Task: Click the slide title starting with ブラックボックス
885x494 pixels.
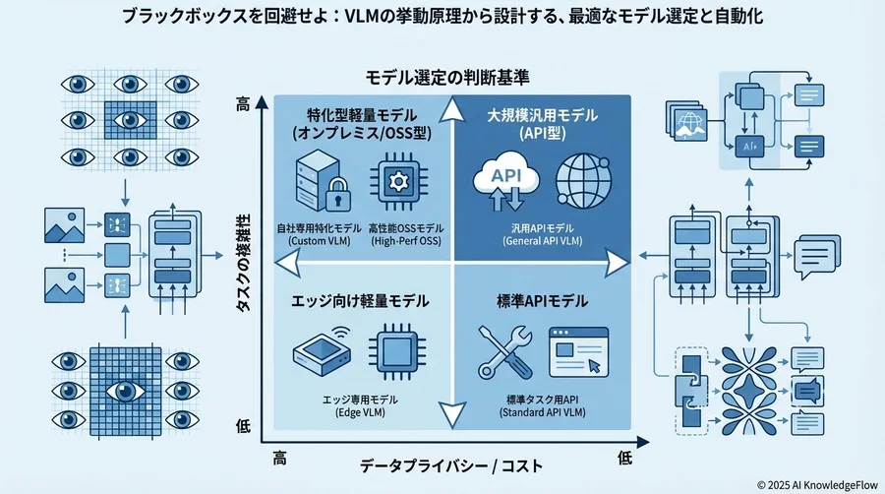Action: tap(442, 17)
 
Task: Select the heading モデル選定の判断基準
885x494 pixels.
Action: tap(442, 76)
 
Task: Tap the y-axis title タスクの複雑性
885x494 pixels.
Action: tap(242, 265)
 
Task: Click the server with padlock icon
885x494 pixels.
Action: tap(318, 184)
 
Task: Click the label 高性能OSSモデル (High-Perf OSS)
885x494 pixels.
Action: tap(403, 234)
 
